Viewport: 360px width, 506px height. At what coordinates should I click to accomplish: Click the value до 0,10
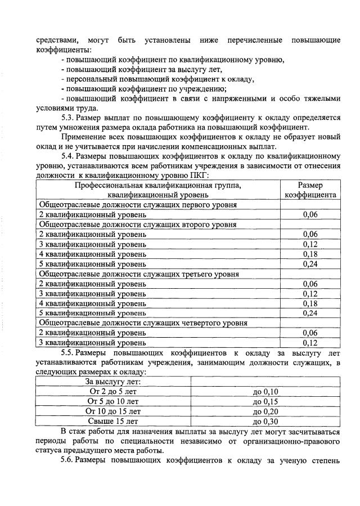coord(265,391)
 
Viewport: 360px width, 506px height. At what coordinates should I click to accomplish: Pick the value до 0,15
coord(265,401)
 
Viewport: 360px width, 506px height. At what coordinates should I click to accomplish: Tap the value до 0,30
coord(265,420)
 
